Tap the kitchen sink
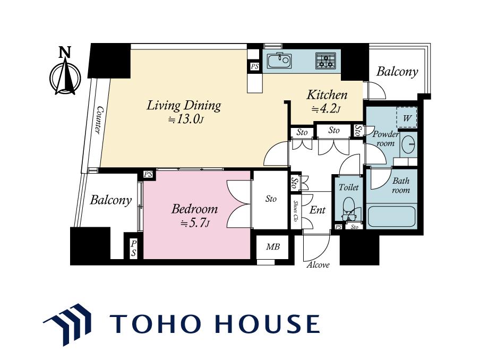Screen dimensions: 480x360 click(x=279, y=61)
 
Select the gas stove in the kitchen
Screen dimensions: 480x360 click(x=326, y=61)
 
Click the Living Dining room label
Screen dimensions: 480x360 click(x=184, y=106)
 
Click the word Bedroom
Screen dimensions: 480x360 click(x=195, y=209)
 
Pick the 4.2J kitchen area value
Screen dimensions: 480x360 click(x=326, y=108)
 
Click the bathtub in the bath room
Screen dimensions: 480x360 click(x=391, y=217)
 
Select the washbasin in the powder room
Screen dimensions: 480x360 click(x=408, y=143)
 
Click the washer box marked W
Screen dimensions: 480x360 click(x=407, y=117)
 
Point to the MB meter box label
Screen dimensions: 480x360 click(x=273, y=246)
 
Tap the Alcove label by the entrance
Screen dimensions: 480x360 click(x=318, y=265)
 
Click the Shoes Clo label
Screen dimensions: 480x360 click(x=296, y=211)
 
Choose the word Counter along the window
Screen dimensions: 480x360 click(x=99, y=120)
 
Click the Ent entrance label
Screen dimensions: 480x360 click(x=318, y=210)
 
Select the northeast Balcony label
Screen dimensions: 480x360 click(x=397, y=72)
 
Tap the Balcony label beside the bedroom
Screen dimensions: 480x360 click(x=110, y=200)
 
